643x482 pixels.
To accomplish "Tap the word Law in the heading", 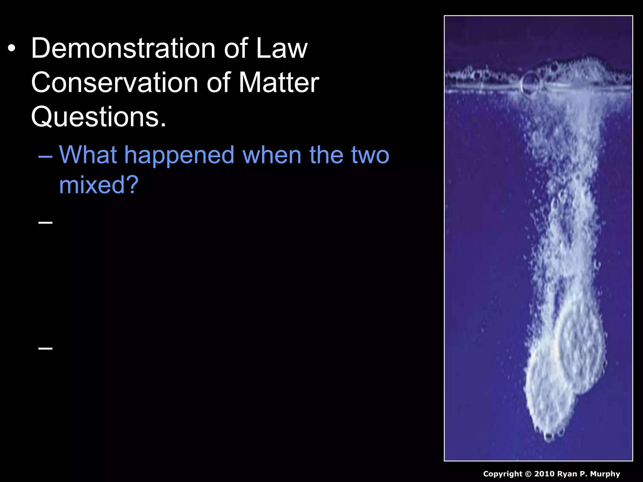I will [282, 49].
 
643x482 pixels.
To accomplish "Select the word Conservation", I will [115, 83].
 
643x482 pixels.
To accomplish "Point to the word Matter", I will [279, 83].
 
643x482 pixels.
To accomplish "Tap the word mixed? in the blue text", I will [99, 185].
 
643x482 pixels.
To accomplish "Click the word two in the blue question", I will [370, 155].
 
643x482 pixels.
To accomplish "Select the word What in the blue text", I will [88, 155].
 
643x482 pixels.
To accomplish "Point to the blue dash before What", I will [45, 156].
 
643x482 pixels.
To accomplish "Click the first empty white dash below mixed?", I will [45, 222].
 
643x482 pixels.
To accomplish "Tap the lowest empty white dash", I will [45, 348].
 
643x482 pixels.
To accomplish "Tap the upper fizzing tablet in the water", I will [581, 345].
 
